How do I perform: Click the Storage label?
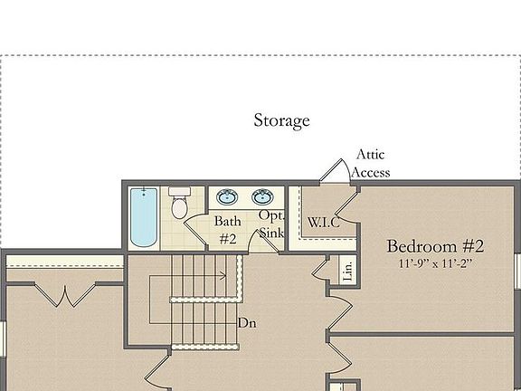tap(281, 120)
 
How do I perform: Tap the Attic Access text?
tap(371, 164)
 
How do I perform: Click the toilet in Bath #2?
tap(179, 204)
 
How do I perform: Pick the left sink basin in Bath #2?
tap(228, 197)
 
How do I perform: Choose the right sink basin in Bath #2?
tap(263, 197)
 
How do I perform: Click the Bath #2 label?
tap(227, 230)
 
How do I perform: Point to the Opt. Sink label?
tap(271, 224)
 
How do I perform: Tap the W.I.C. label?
tap(323, 222)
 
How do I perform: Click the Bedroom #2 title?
tap(435, 246)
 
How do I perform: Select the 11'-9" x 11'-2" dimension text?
tap(435, 264)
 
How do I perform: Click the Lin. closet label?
tap(346, 270)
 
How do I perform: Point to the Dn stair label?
tap(248, 322)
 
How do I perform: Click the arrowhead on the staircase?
tap(223, 276)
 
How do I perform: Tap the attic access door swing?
tap(334, 171)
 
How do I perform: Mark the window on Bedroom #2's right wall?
tap(517, 272)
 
